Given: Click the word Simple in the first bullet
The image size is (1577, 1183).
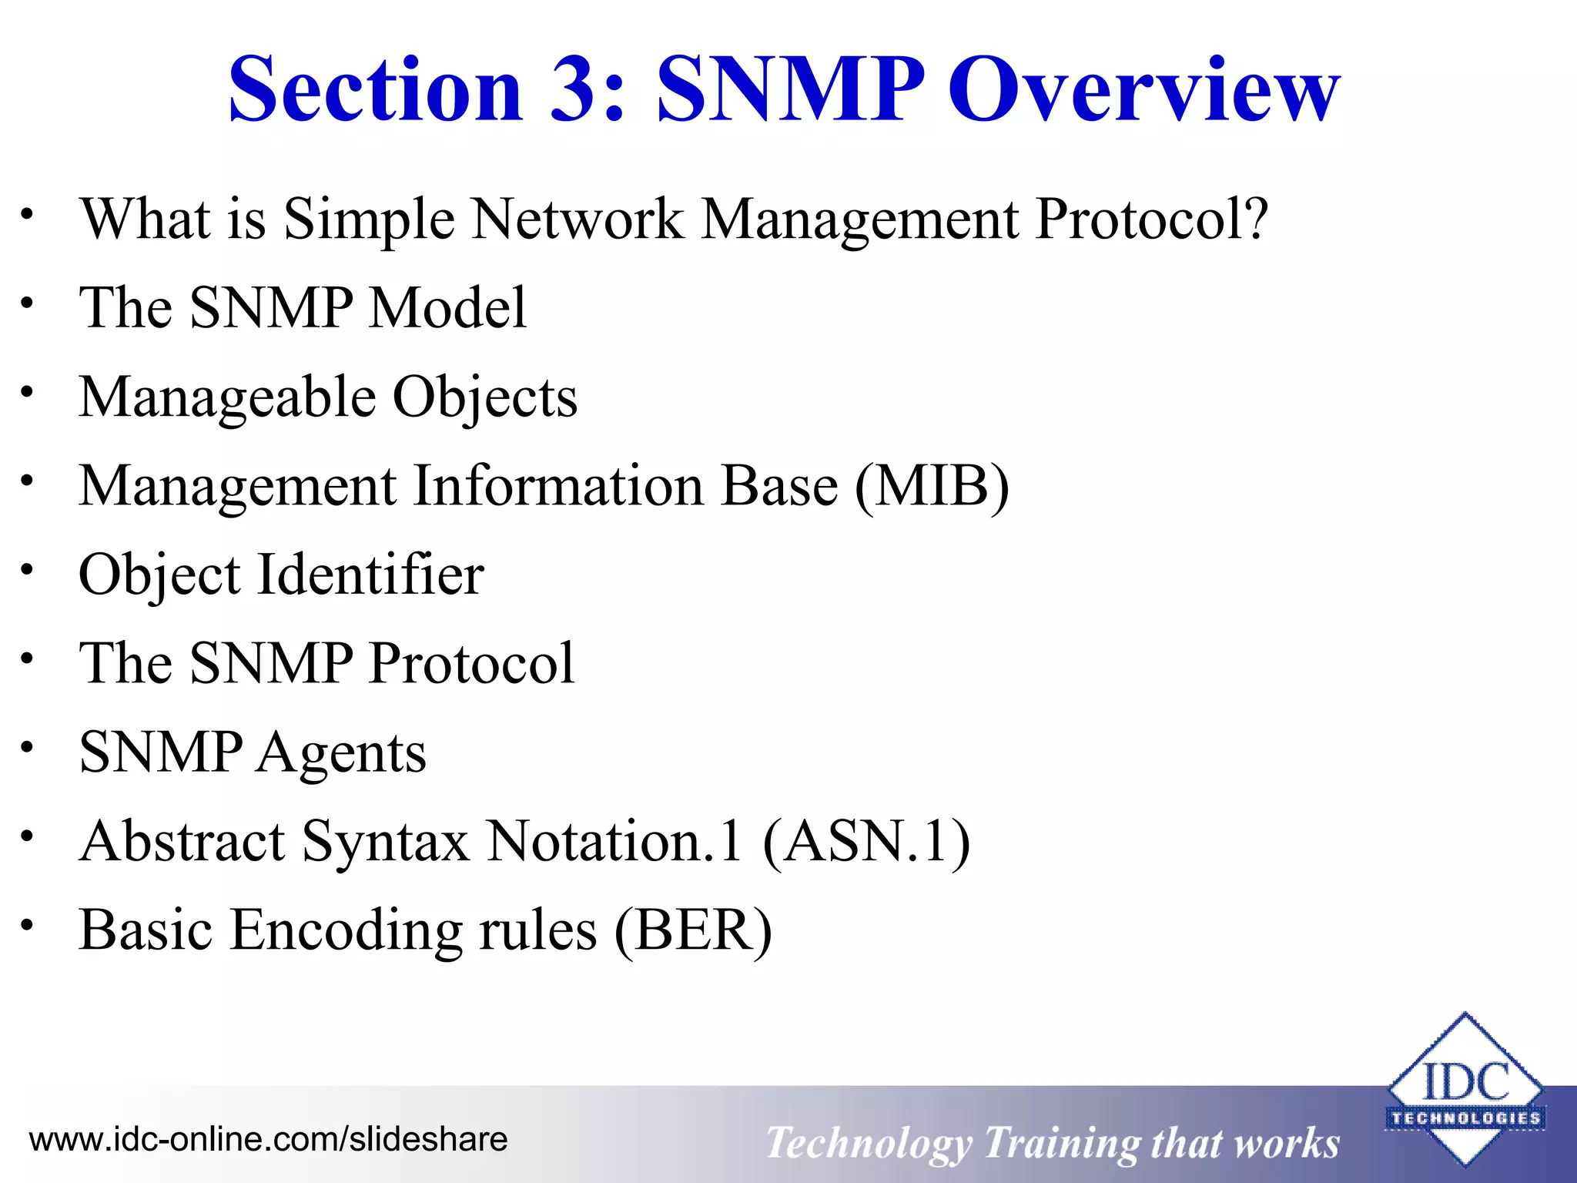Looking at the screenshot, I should click(x=369, y=220).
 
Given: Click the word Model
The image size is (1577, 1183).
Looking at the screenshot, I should click(x=448, y=308).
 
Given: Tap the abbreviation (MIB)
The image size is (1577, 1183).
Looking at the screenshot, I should click(x=932, y=487).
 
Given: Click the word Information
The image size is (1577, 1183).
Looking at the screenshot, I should click(x=558, y=487).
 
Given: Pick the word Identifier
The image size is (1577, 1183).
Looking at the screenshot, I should click(x=370, y=575).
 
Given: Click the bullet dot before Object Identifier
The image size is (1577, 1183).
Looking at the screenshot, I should click(x=28, y=570).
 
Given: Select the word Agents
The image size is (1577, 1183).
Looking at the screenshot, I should click(x=341, y=753).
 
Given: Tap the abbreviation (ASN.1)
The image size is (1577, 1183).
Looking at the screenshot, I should click(x=867, y=841).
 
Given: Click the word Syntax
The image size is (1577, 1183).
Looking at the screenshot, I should click(x=385, y=843).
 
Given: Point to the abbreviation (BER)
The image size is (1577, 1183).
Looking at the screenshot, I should click(x=693, y=930).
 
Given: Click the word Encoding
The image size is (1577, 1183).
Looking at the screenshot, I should click(x=346, y=930).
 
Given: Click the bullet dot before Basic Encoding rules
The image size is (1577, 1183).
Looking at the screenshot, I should click(x=28, y=924).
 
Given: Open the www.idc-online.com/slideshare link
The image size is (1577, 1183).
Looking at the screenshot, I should click(x=268, y=1139).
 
